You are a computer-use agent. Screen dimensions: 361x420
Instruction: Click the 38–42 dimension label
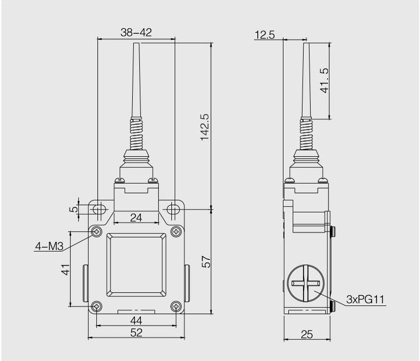point(136,33)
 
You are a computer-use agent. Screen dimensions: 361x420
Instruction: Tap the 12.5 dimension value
point(264,35)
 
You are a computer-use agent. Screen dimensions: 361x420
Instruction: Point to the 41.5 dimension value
point(325,81)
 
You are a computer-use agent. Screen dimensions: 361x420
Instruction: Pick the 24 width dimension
point(136,218)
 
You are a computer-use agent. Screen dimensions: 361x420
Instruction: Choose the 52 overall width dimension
point(136,333)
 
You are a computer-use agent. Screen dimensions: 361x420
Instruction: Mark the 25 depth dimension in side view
point(307,335)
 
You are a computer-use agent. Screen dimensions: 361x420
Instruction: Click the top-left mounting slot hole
point(98,210)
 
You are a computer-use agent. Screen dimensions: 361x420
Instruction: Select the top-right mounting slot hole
point(174,210)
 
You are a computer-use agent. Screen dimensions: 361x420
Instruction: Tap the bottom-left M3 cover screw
point(97,306)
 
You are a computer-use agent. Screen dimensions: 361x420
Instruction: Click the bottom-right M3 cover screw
point(175,306)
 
